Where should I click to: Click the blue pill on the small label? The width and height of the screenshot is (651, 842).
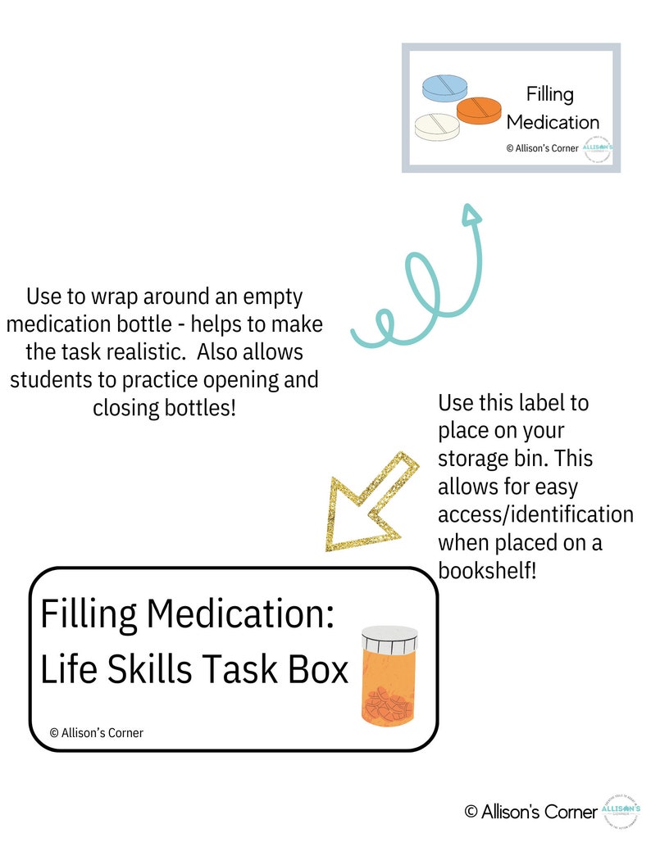(444, 88)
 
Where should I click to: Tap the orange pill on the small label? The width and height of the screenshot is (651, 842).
(479, 110)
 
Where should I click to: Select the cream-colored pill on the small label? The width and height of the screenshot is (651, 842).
(437, 125)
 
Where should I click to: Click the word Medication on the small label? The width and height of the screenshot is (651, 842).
(553, 122)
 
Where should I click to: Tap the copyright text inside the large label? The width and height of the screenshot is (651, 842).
(96, 732)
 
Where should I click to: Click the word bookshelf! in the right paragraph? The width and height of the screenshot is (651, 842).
(487, 571)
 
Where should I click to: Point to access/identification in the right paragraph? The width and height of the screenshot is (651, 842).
(535, 514)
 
